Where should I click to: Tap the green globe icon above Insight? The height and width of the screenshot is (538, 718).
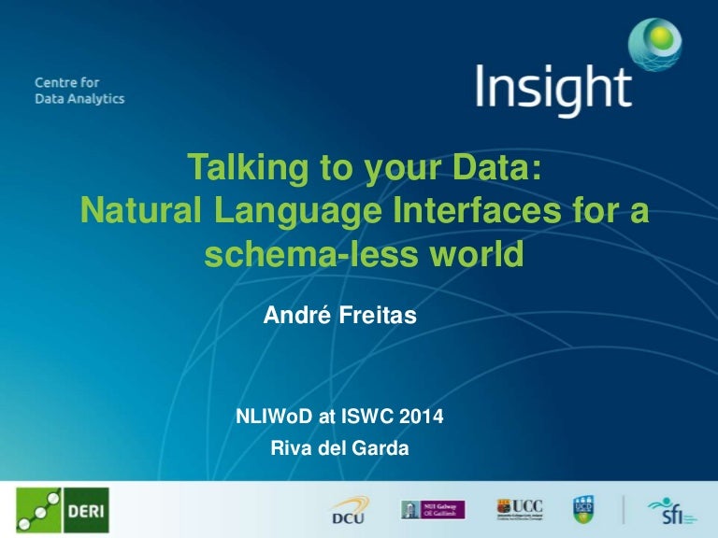tap(654, 43)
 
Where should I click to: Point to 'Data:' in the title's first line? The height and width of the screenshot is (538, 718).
tap(494, 168)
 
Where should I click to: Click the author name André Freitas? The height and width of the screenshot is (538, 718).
tap(339, 318)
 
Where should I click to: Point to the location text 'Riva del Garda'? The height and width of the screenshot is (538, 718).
tap(339, 448)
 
